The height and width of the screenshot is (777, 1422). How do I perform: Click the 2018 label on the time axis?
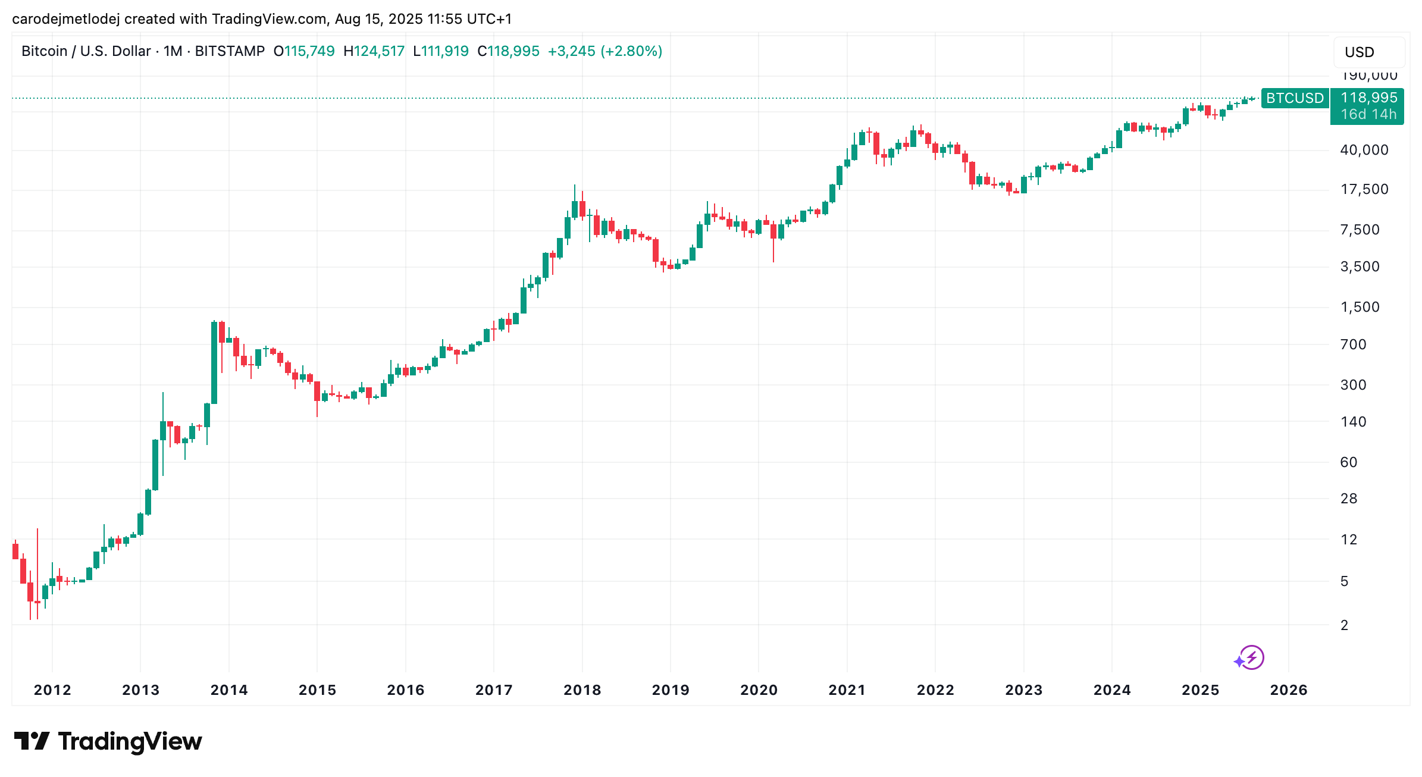[x=582, y=690]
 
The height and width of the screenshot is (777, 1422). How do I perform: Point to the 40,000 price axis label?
[x=1364, y=150]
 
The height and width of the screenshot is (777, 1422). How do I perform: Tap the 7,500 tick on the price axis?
[x=1360, y=230]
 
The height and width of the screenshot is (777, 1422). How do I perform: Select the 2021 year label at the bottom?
[x=847, y=690]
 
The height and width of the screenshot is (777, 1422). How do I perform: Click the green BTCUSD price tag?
[x=1295, y=98]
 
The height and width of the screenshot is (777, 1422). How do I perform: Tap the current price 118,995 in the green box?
[x=1368, y=98]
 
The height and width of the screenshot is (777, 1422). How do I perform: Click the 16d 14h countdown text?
[x=1368, y=114]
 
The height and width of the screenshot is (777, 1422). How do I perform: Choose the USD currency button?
[x=1368, y=52]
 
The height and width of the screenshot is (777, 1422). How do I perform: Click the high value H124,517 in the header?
[x=374, y=51]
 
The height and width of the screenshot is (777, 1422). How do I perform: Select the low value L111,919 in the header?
[x=441, y=51]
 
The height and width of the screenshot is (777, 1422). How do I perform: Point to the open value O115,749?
[x=304, y=51]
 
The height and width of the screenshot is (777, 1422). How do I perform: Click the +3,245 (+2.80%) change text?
[x=604, y=51]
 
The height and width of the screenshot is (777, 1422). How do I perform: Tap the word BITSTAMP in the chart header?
[x=230, y=51]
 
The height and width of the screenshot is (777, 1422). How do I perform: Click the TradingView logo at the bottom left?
[x=108, y=741]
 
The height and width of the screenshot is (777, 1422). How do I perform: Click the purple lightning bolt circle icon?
[x=1252, y=657]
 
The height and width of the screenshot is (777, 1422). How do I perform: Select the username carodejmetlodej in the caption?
[x=66, y=19]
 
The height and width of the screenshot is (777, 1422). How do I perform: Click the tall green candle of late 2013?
[x=214, y=363]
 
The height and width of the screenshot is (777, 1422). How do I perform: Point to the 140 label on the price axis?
[x=1353, y=422]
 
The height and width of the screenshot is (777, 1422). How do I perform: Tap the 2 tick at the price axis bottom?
[x=1344, y=625]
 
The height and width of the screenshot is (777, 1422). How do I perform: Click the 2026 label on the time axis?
[x=1288, y=690]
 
